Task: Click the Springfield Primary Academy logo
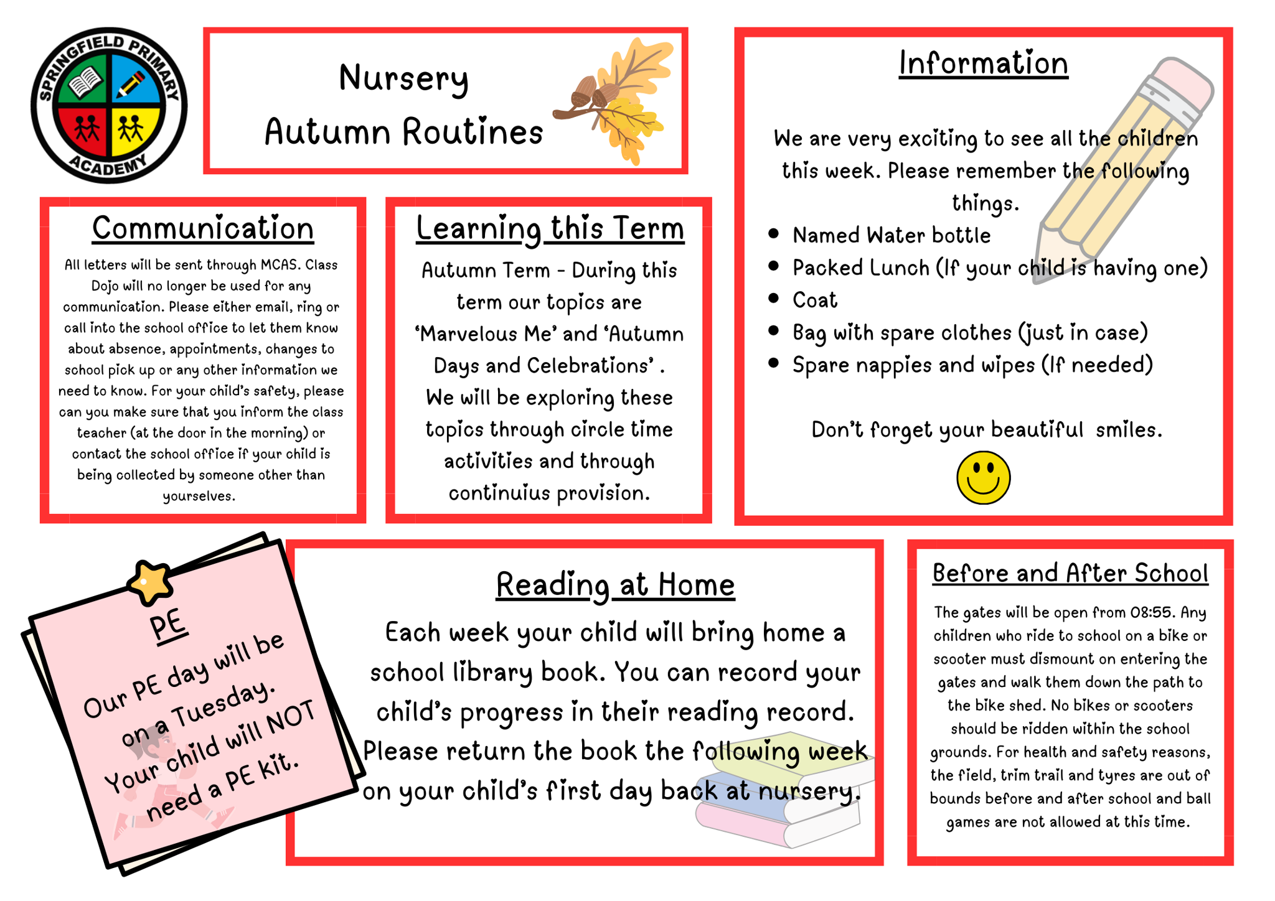click(x=109, y=105)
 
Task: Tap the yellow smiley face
click(x=983, y=477)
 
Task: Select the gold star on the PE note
click(x=149, y=582)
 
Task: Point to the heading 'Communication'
click(x=203, y=228)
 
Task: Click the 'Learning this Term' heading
click(x=550, y=228)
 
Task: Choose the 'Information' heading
click(x=983, y=63)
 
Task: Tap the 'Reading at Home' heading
click(x=615, y=585)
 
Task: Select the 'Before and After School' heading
click(x=1070, y=573)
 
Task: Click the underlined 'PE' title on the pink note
click(x=168, y=624)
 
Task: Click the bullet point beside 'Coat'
click(x=773, y=298)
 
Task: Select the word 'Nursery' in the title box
click(x=403, y=78)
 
